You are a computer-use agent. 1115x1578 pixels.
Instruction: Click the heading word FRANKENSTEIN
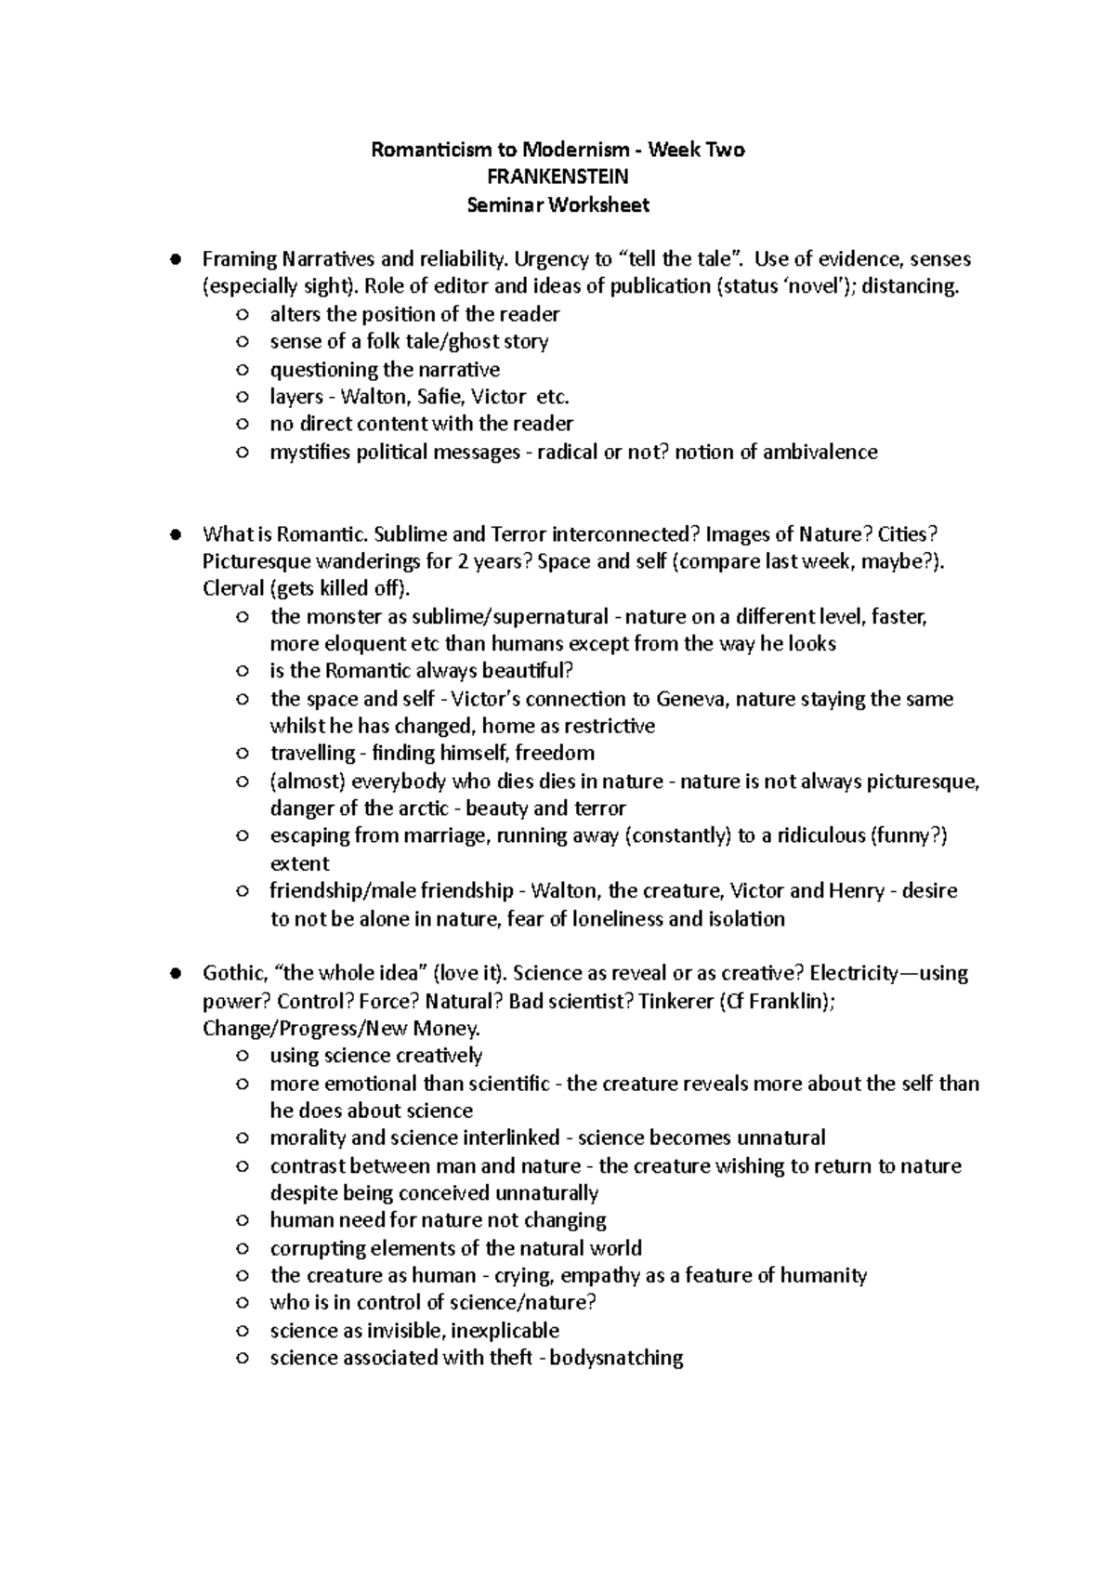pyautogui.click(x=557, y=177)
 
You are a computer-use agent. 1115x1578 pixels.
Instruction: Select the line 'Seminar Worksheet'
pyautogui.click(x=557, y=204)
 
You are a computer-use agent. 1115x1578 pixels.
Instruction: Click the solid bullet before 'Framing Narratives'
pyautogui.click(x=174, y=259)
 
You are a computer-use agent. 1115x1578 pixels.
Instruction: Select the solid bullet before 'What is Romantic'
pyautogui.click(x=174, y=534)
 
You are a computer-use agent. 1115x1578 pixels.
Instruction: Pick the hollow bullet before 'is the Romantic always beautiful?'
pyautogui.click(x=243, y=671)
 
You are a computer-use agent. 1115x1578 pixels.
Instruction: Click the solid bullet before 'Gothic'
pyautogui.click(x=174, y=973)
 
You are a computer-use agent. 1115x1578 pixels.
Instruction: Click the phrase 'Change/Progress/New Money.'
pyautogui.click(x=342, y=1028)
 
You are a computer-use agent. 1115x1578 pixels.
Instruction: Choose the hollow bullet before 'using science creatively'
pyautogui.click(x=243, y=1056)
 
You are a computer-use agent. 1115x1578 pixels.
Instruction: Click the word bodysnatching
pyautogui.click(x=617, y=1358)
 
